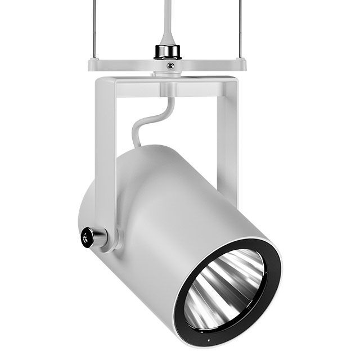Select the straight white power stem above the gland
pos(168,17)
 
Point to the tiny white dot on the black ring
pos(206,341)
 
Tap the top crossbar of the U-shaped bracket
pos(169,87)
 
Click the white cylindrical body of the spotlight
pos(186,214)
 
